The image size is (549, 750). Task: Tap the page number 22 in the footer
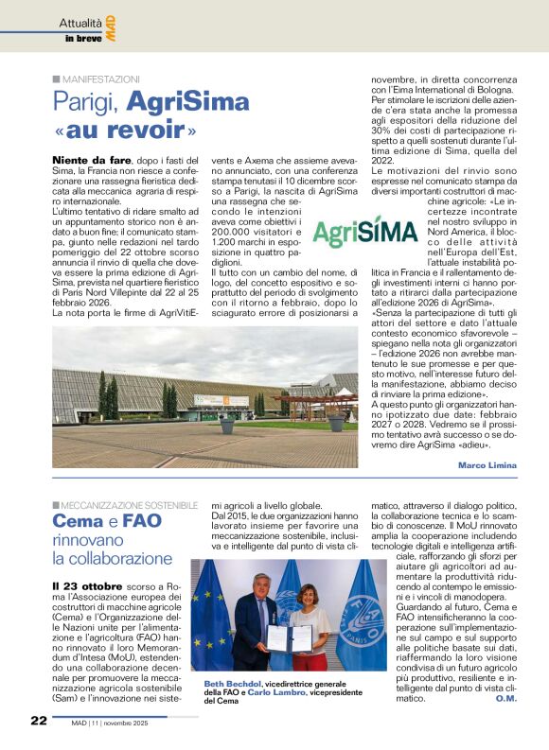pos(37,720)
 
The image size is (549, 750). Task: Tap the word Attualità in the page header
pos(80,22)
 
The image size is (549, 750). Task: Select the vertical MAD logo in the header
pos(111,26)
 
